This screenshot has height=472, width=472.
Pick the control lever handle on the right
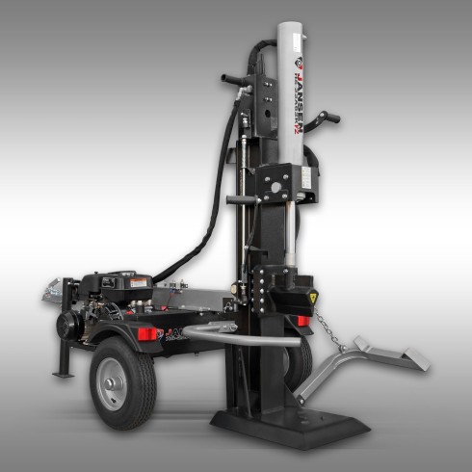330,118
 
